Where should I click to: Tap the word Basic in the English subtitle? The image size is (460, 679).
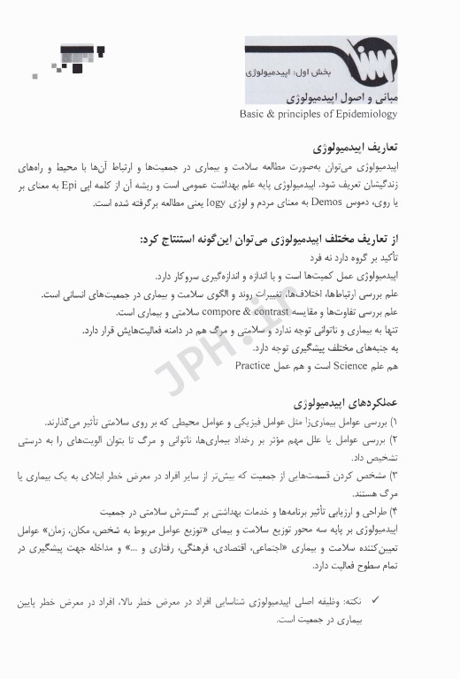[255, 114]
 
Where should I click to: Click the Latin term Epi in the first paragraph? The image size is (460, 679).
[380, 188]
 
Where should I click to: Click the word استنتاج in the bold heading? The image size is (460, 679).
[188, 240]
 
